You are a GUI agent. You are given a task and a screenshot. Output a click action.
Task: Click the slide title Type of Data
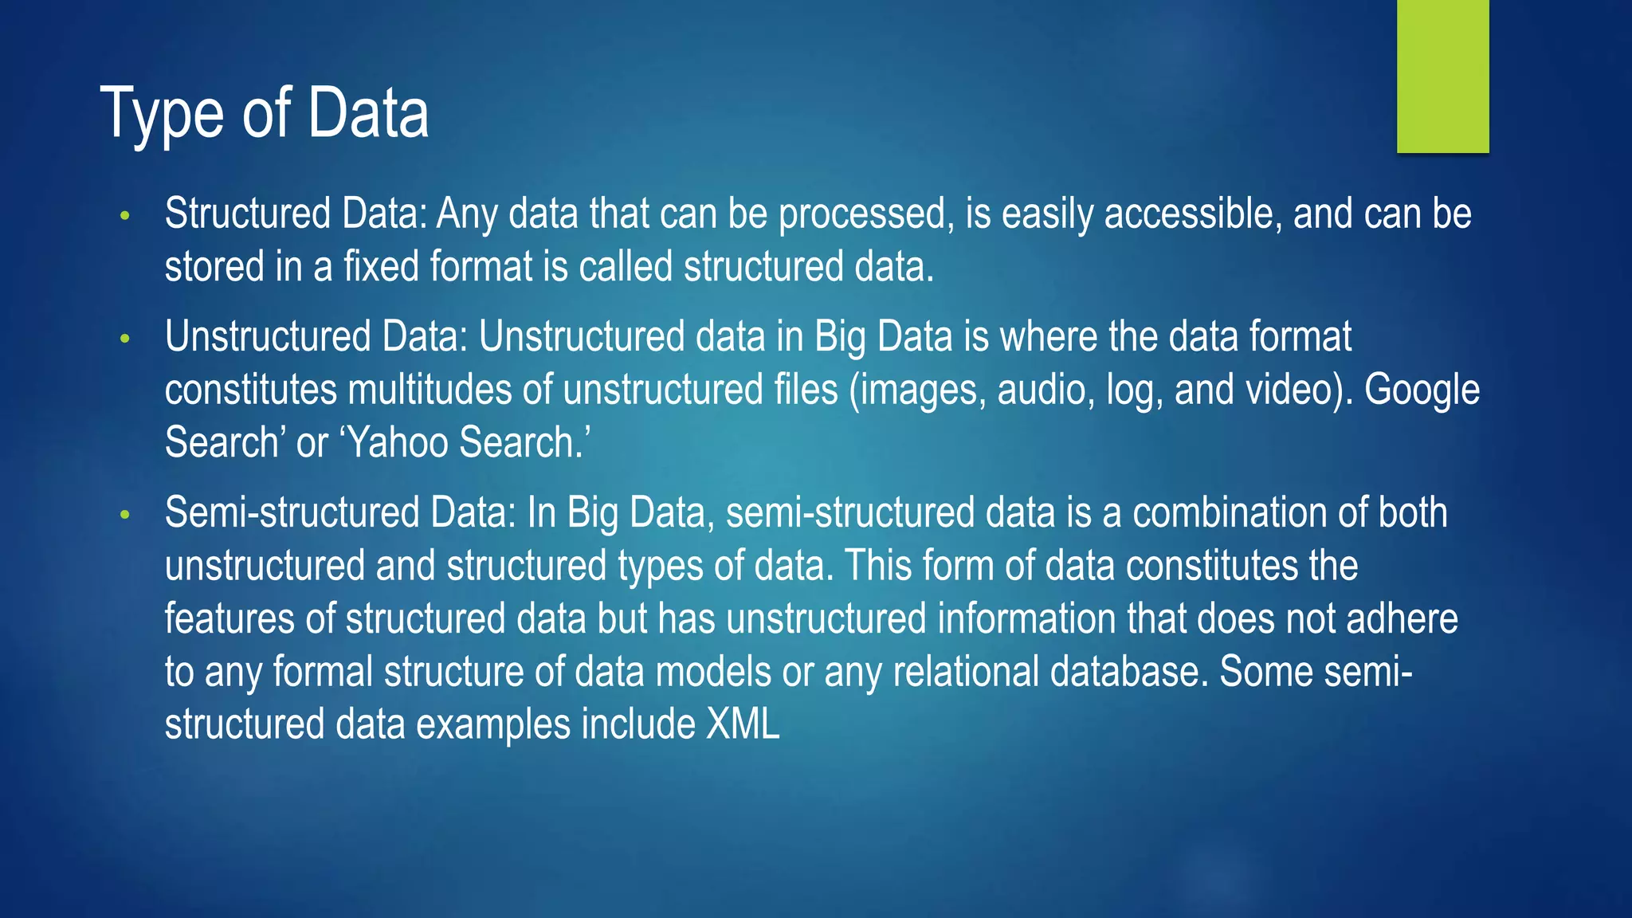[x=265, y=113]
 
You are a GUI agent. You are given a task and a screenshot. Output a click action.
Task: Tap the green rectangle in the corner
[x=1442, y=76]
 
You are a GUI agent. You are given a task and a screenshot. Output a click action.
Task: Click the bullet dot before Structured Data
[x=124, y=215]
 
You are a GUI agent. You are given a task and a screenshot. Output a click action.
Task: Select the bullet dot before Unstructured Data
[x=124, y=339]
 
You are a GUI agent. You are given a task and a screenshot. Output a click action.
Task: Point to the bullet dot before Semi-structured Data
[x=124, y=515]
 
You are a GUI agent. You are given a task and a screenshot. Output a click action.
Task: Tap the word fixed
[x=381, y=266]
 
